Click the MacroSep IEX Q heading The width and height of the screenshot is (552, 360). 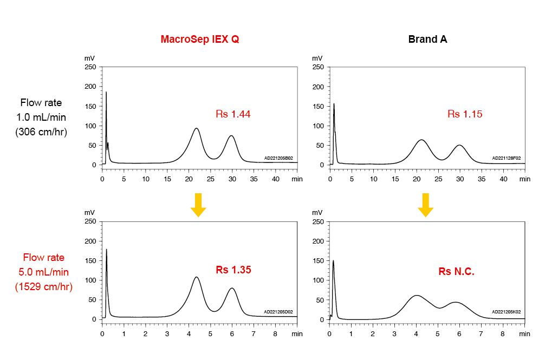coord(199,40)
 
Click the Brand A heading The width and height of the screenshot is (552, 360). coord(427,40)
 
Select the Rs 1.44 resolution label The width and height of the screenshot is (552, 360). coord(233,114)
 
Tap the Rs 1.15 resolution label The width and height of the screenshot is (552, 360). coord(464,114)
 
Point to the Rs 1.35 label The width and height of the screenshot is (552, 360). coord(233,270)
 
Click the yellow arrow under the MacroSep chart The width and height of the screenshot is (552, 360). coord(198,205)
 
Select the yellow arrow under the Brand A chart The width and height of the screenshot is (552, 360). coord(426,205)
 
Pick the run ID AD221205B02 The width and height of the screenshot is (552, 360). coord(278,159)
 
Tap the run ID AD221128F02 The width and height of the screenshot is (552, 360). coord(506,159)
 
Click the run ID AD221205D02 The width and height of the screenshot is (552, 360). coord(278,312)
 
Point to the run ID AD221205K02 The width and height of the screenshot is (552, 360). coord(506,312)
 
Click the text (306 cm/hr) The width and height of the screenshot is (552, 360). coord(41,131)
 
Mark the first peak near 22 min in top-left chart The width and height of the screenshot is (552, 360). coord(196,129)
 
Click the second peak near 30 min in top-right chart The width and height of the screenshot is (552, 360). coord(459,146)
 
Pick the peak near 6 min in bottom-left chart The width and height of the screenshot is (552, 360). coord(232,289)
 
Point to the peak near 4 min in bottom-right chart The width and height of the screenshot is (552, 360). coord(416,296)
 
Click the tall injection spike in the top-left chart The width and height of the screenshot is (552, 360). coord(106,93)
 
